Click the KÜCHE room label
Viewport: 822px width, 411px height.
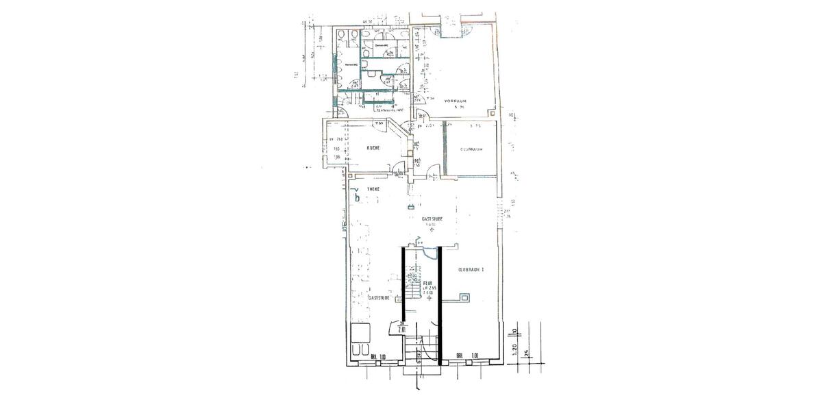(x=373, y=148)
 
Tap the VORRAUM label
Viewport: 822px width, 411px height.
(x=455, y=101)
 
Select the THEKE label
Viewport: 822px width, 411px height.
(x=373, y=188)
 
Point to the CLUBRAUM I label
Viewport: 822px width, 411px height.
(x=471, y=270)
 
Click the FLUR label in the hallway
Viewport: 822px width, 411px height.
(x=427, y=282)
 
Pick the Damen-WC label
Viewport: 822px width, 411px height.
(x=381, y=46)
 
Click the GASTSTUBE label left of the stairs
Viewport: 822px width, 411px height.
(x=379, y=299)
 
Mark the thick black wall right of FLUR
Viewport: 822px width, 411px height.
(x=439, y=301)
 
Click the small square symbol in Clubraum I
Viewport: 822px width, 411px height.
(x=465, y=298)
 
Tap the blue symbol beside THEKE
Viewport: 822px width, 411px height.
(x=355, y=195)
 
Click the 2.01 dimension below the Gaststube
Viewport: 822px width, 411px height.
(x=401, y=329)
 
